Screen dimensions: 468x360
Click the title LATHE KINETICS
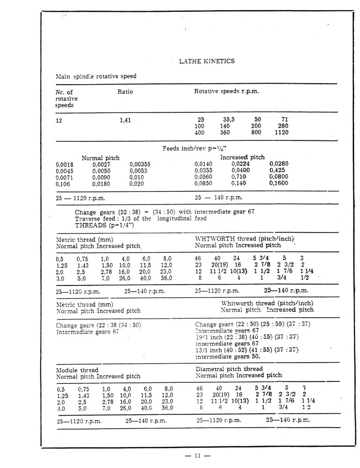click(207, 61)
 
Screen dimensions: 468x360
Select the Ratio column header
click(125, 92)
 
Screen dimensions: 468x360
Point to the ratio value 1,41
click(125, 120)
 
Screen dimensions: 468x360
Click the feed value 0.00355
click(139, 164)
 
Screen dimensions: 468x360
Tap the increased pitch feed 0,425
click(278, 170)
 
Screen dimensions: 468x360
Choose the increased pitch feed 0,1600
click(279, 183)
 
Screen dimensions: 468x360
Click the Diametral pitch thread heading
click(229, 369)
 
